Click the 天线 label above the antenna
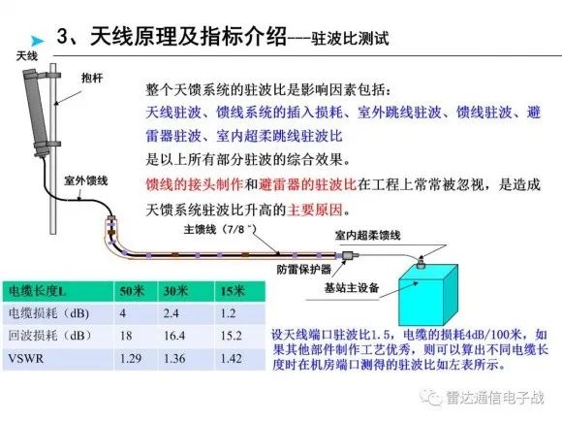tap(27, 56)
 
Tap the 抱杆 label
tap(92, 78)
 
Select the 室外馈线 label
tap(86, 180)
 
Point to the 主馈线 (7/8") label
tap(220, 229)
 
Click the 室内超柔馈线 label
tap(368, 236)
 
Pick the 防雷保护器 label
tap(304, 269)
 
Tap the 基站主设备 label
tap(352, 287)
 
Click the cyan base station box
tap(428, 295)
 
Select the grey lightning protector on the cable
tap(350, 255)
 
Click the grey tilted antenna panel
tap(36, 112)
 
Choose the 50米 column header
tap(132, 291)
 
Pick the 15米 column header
tap(233, 291)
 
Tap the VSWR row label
tap(26, 358)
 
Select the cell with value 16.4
tap(174, 336)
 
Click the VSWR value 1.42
tap(232, 358)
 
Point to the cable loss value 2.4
tap(171, 313)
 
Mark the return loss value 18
tap(126, 336)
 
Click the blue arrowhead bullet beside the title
tap(37, 41)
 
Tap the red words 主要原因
tap(315, 210)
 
